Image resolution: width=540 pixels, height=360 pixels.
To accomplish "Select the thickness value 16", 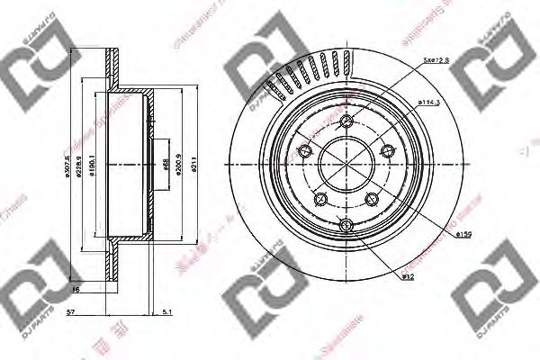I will tap(77, 290).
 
